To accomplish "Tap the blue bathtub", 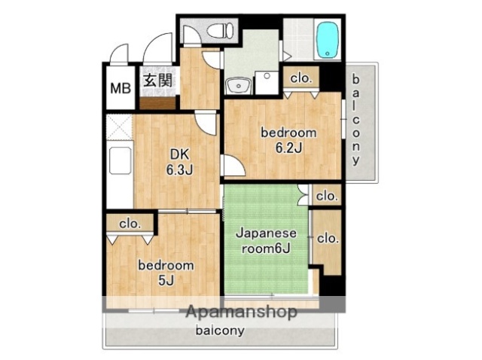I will [328, 38].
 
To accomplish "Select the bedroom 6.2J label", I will [288, 140].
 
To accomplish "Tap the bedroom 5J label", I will [166, 273].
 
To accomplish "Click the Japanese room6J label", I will [267, 241].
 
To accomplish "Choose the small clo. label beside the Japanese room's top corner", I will [326, 196].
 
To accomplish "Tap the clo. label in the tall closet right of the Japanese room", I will [327, 238].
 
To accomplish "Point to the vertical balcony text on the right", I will [356, 121].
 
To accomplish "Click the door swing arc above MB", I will [118, 56].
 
